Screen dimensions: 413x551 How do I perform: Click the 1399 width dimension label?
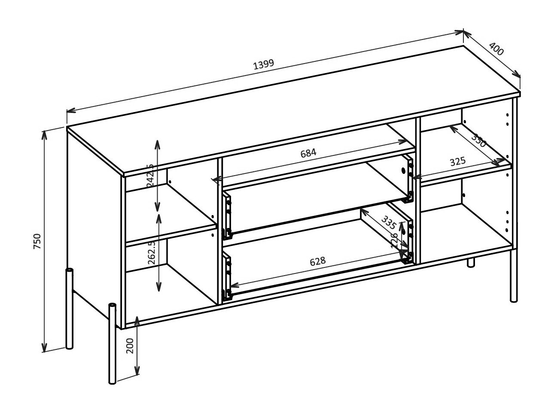coord(263,65)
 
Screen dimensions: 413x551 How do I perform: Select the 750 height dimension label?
coord(37,241)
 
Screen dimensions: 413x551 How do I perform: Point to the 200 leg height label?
coord(131,346)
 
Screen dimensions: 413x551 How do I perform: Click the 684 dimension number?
coord(308,152)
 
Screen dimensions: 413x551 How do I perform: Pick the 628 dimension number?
coord(318,261)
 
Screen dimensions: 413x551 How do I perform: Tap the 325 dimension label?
coord(458,162)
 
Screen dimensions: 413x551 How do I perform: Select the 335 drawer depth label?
coord(388,222)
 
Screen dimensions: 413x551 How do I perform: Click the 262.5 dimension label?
coord(151,254)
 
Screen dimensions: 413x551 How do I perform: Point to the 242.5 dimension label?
coord(150,175)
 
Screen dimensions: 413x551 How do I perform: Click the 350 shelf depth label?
coord(478,140)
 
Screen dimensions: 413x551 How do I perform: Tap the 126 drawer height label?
coord(394,240)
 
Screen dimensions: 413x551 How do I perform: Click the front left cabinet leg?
coord(113,343)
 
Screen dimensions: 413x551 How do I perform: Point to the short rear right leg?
coord(471,263)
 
